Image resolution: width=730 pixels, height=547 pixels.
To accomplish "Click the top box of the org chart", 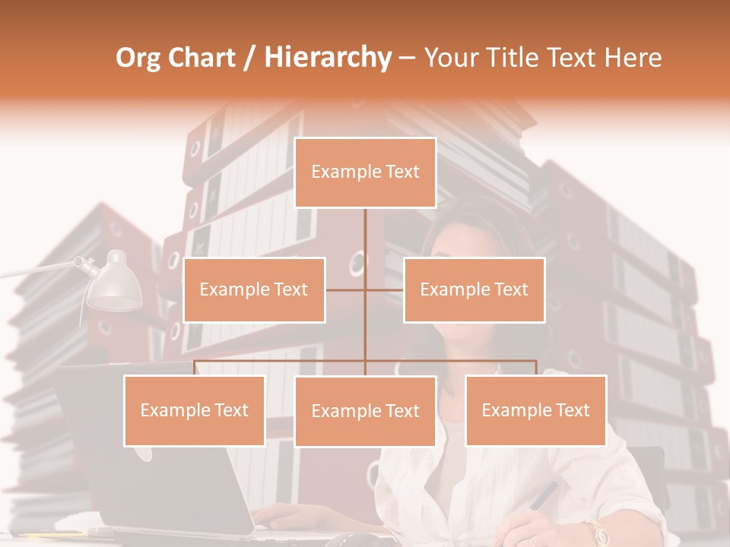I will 365,172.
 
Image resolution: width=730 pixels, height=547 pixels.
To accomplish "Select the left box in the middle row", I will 254,289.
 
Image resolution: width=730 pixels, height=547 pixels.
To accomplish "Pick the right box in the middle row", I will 474,289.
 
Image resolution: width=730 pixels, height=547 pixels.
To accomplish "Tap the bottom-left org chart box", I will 194,410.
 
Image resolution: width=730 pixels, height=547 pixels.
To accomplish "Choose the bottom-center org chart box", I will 365,411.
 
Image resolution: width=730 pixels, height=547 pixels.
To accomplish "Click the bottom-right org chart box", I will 535,410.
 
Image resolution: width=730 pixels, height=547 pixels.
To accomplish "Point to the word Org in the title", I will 138,58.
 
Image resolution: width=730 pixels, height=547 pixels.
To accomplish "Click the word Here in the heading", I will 633,58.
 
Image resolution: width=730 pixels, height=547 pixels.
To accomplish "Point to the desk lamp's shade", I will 115,283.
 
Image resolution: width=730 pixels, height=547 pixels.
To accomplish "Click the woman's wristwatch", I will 595,531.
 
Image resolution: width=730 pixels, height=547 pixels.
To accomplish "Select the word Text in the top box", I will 402,172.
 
